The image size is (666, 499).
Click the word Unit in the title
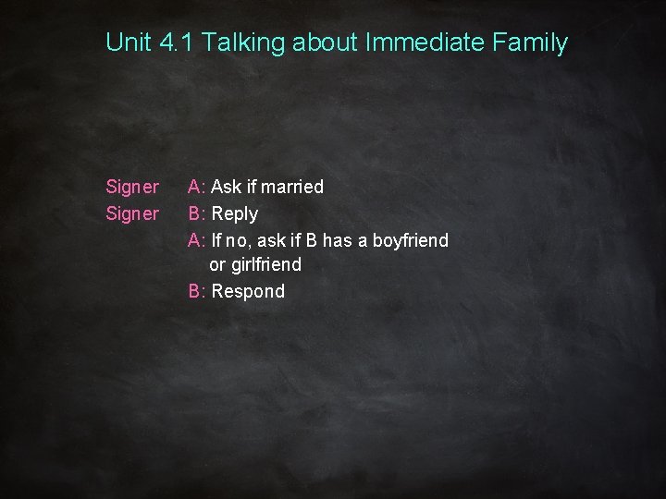(x=127, y=42)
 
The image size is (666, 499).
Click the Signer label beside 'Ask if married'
(x=132, y=188)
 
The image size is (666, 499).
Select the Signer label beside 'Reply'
(x=132, y=214)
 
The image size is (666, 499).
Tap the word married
(x=292, y=188)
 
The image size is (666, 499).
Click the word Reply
(x=235, y=214)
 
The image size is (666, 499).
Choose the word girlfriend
(x=268, y=266)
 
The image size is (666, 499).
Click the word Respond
(x=248, y=292)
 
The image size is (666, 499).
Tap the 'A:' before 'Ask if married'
(x=197, y=188)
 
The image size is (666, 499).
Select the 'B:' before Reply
(x=197, y=214)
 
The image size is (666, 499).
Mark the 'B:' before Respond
(x=197, y=292)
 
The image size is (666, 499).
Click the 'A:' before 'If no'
(x=197, y=240)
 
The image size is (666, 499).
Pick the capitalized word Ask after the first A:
(x=227, y=188)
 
